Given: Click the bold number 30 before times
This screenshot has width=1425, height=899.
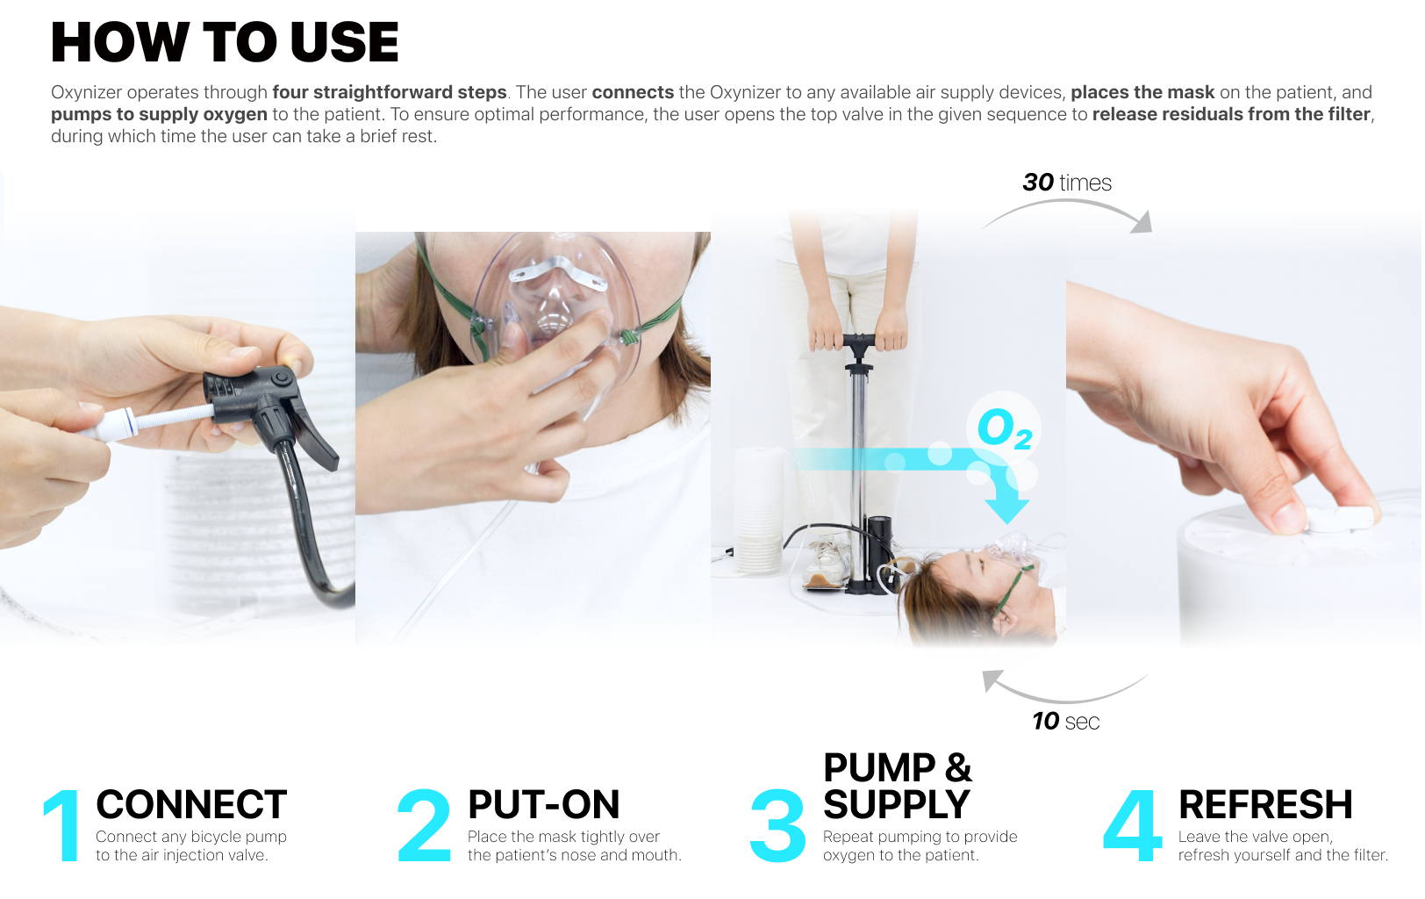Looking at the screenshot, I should pyautogui.click(x=1038, y=183).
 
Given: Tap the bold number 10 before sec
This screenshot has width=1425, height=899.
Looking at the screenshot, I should pyautogui.click(x=1045, y=721).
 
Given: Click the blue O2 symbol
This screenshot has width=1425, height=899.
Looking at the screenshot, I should pyautogui.click(x=1005, y=428).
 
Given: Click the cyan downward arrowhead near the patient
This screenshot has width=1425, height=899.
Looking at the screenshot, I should pyautogui.click(x=1006, y=508).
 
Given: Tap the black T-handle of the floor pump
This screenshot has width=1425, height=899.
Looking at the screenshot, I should pyautogui.click(x=859, y=341).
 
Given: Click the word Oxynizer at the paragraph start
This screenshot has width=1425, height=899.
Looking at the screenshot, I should pyautogui.click(x=86, y=92).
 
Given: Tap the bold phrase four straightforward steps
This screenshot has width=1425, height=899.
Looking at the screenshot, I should pyautogui.click(x=389, y=92).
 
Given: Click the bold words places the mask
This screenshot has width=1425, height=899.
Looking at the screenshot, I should pyautogui.click(x=1142, y=92).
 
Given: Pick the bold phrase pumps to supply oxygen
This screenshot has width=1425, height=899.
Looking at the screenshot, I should pyautogui.click(x=159, y=114).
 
